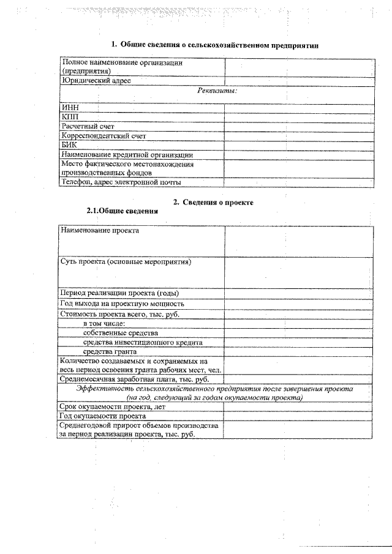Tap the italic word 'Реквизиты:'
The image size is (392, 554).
[217, 91]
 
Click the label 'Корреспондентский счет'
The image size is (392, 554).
[104, 136]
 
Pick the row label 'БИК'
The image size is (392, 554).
[69, 145]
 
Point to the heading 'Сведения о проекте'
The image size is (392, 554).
[217, 202]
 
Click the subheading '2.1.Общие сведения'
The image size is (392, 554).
[122, 211]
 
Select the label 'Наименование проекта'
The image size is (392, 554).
[99, 231]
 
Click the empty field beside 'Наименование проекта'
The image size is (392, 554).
[298, 241]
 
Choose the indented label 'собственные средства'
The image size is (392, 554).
[121, 332]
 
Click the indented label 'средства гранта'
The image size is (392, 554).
[110, 351]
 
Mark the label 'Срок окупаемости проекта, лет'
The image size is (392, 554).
[111, 406]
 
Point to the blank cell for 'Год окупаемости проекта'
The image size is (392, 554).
[298, 416]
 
